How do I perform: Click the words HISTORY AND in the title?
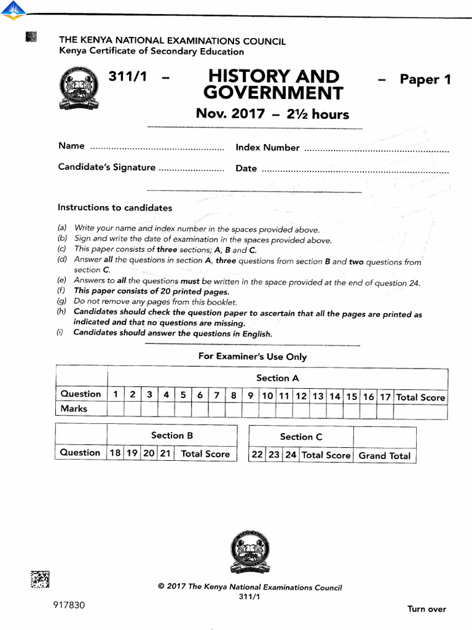[273, 77]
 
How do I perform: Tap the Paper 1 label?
[425, 79]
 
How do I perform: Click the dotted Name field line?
[157, 148]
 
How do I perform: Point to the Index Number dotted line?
[376, 149]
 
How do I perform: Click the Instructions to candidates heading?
[115, 208]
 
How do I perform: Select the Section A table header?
[277, 378]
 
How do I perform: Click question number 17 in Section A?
[385, 397]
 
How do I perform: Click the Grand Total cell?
[385, 456]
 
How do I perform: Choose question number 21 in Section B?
[165, 454]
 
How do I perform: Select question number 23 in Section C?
[274, 456]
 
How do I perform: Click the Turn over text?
[427, 609]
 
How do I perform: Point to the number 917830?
[69, 605]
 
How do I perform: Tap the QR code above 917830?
[39, 580]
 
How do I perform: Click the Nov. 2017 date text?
[230, 114]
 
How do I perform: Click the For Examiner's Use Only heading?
[252, 357]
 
